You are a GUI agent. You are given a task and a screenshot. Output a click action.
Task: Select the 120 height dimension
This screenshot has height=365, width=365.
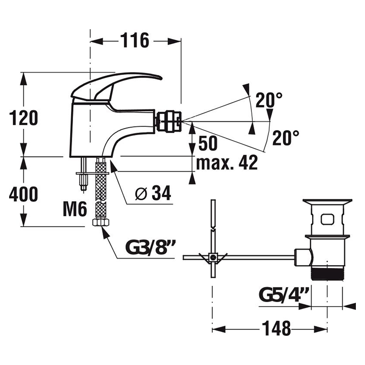[x=24, y=118]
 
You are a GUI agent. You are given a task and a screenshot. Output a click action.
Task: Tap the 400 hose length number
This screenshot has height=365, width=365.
[x=24, y=194]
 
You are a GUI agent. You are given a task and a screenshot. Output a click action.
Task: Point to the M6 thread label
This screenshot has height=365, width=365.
[x=75, y=209]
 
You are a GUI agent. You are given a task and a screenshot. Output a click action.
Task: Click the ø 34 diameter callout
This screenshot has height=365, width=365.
[x=153, y=193]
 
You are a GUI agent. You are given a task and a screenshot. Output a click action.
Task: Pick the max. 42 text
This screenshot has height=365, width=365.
[x=227, y=162]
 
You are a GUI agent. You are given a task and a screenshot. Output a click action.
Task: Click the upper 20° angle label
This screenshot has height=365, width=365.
[x=269, y=99]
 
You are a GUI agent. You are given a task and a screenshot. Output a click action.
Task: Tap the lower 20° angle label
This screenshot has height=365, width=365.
[x=286, y=138]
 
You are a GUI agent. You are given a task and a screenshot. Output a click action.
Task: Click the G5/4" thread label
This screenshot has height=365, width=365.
[x=284, y=294]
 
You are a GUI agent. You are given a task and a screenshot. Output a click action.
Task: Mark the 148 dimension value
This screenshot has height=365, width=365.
[x=276, y=328]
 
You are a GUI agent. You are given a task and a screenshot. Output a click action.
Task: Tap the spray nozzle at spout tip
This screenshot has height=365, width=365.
[x=169, y=121]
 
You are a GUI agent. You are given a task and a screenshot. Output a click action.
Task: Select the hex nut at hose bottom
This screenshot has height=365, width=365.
[x=100, y=222]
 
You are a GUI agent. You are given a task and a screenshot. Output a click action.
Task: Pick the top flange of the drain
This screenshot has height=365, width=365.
[x=327, y=201]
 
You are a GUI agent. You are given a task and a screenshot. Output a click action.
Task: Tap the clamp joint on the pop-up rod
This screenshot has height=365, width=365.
[x=213, y=257]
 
